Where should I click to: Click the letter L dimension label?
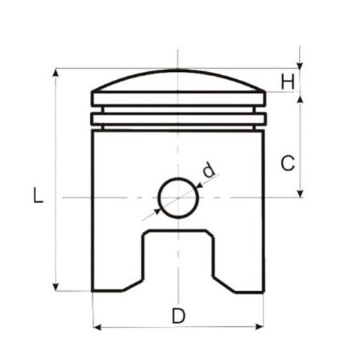pyautogui.click(x=38, y=195)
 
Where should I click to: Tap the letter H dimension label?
pyautogui.click(x=287, y=82)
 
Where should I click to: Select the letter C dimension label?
pyautogui.click(x=287, y=163)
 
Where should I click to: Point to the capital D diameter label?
pyautogui.click(x=179, y=316)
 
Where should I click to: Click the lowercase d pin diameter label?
pyautogui.click(x=209, y=170)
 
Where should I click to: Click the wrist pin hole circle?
pyautogui.click(x=179, y=178)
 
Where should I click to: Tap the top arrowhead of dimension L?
pyautogui.click(x=55, y=73)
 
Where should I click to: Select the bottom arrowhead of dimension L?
pyautogui.click(x=55, y=287)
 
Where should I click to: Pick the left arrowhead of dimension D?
pyautogui.click(x=97, y=327)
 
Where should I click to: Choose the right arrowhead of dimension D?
pyautogui.click(x=259, y=327)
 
